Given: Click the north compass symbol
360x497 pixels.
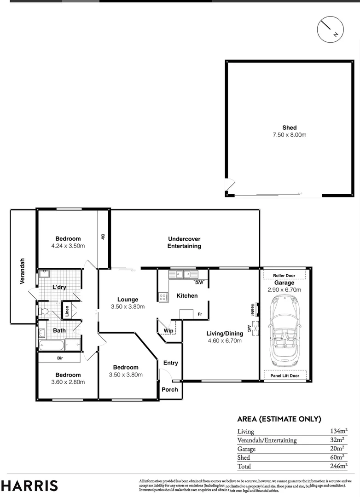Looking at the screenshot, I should coord(331,29).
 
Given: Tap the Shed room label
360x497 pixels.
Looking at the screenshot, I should coord(290,127).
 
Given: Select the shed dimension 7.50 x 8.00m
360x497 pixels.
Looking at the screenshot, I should coord(290,135).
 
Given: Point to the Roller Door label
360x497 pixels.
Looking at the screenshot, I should coord(284,275).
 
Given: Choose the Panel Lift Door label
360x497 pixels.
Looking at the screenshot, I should coord(284,376).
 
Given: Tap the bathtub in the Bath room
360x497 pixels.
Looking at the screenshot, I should coord(51,345).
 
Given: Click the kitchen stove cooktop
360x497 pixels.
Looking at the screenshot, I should coord(163,297).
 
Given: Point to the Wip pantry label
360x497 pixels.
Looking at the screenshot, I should coord(168,330).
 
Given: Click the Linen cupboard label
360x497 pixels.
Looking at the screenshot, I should coord(67,312).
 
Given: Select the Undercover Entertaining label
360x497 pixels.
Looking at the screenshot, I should coord(184,242).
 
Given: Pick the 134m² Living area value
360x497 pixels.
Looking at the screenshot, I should coord(338,431).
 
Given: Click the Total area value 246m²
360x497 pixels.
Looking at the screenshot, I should coord(338,466).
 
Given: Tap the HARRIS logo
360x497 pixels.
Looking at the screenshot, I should coord(29,485).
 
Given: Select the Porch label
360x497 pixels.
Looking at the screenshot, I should coord(170,389).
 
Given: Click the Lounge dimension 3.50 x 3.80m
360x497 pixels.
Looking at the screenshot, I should coord(128,306).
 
